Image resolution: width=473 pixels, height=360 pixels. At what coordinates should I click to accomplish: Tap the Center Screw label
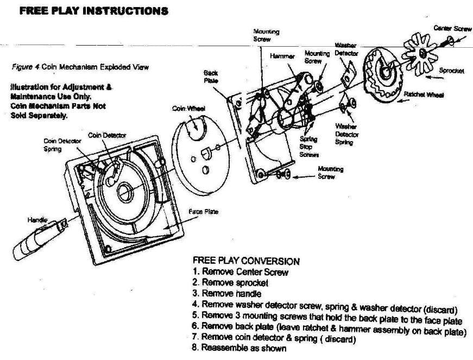coord(452,28)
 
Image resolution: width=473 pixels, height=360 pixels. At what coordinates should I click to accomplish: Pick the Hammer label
coord(282,55)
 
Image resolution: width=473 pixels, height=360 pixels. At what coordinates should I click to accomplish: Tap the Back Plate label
coord(211,75)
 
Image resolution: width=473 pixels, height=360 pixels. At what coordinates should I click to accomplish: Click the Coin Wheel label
coord(189,109)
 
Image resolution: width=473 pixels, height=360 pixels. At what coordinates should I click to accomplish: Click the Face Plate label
coord(203,211)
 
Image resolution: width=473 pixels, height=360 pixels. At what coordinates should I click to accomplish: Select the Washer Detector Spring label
coord(344,134)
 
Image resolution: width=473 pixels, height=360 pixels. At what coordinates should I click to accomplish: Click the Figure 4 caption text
coord(80,67)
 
